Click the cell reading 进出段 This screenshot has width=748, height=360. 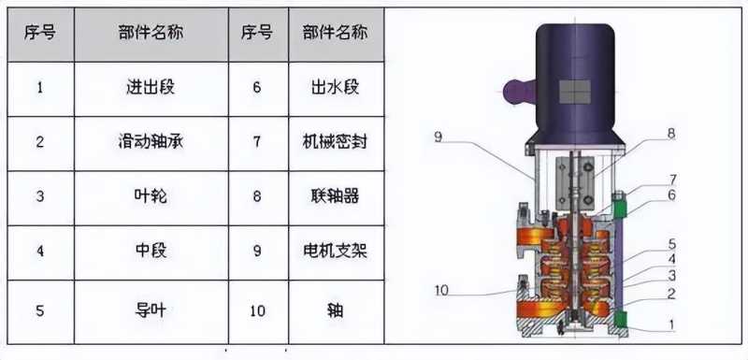(x=151, y=89)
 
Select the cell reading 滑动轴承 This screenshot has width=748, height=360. (x=151, y=143)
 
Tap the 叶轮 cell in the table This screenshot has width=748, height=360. (x=151, y=197)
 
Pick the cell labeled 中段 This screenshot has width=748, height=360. (x=151, y=252)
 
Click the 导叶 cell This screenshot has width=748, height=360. (x=151, y=310)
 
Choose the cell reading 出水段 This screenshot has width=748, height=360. (x=336, y=89)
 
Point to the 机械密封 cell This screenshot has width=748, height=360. (x=336, y=143)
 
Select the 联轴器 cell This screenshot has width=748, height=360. (x=336, y=197)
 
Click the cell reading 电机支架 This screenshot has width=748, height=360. (x=336, y=252)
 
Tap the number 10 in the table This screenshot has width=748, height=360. (x=258, y=311)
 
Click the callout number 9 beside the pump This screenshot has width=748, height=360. (x=439, y=137)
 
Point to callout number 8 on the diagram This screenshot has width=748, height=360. (x=671, y=135)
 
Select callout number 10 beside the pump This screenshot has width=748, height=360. (x=441, y=291)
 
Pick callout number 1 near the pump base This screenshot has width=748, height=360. (x=671, y=324)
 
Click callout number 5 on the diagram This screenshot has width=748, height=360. (x=671, y=245)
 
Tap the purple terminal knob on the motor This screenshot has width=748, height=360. (x=518, y=90)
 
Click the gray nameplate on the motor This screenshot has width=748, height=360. (x=574, y=92)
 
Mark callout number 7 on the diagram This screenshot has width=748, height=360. (x=672, y=180)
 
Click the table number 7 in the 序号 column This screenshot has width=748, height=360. (x=258, y=142)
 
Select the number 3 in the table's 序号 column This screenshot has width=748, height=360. (x=40, y=197)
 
